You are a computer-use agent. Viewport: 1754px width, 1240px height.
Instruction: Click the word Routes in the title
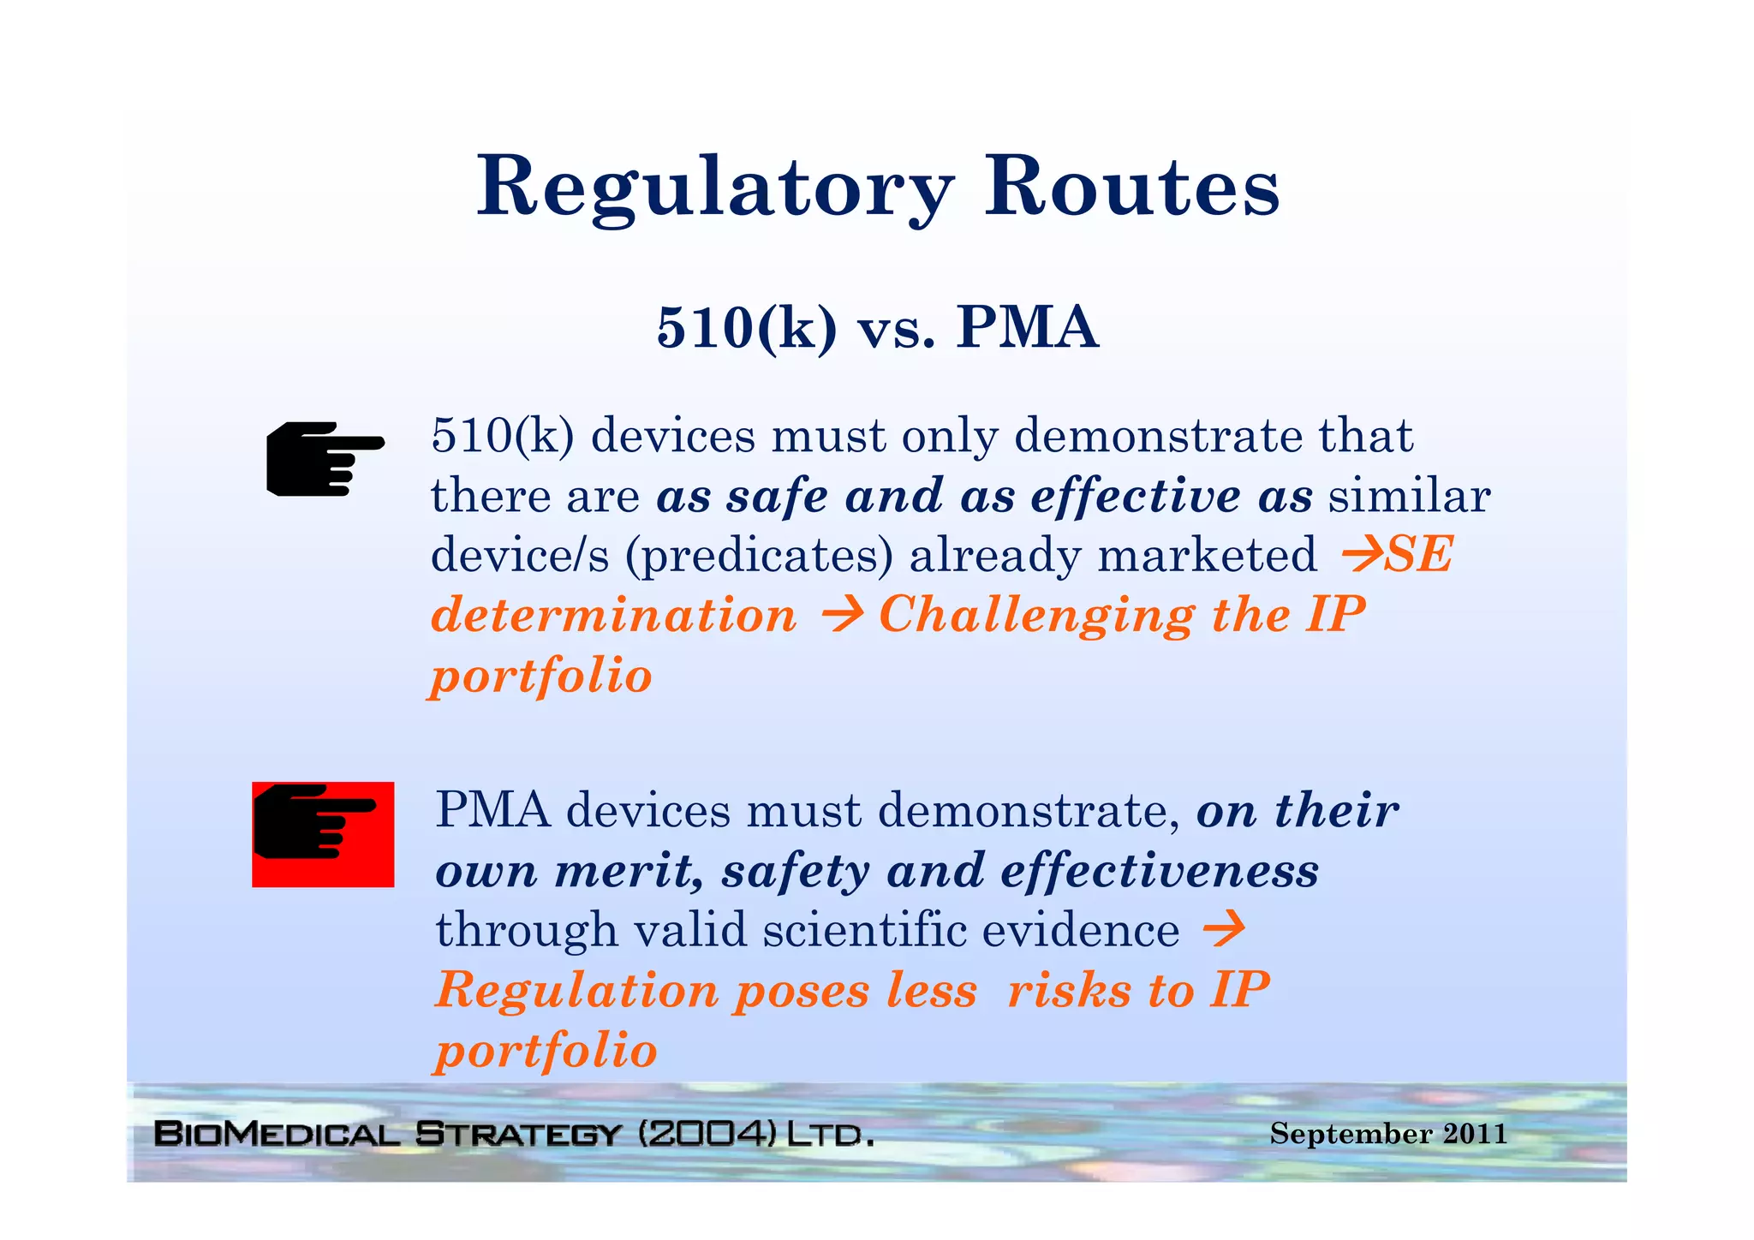pyautogui.click(x=1131, y=186)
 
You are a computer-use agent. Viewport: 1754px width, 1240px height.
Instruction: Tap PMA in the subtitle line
pyautogui.click(x=1027, y=328)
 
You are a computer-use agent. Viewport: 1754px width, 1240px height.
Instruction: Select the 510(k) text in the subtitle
pyautogui.click(x=746, y=328)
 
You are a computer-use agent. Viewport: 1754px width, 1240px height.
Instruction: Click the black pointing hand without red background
pyautogui.click(x=325, y=458)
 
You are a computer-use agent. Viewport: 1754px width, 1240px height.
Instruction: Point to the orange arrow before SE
pyautogui.click(x=1362, y=555)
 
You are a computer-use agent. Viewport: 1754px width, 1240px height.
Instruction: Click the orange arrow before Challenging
pyautogui.click(x=841, y=616)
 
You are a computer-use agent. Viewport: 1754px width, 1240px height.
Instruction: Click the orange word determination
pyautogui.click(x=613, y=616)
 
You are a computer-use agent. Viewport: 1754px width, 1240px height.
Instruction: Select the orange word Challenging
pyautogui.click(x=1036, y=616)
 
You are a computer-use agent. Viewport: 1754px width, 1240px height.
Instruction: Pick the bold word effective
pyautogui.click(x=1135, y=496)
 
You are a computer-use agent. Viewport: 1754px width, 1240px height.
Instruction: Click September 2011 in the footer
pyautogui.click(x=1387, y=1134)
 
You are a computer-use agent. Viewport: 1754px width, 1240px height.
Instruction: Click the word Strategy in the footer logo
pyautogui.click(x=517, y=1135)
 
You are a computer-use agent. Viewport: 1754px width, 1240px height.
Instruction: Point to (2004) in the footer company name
pyautogui.click(x=707, y=1135)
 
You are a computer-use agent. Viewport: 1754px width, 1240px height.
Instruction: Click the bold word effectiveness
pyautogui.click(x=1160, y=871)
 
